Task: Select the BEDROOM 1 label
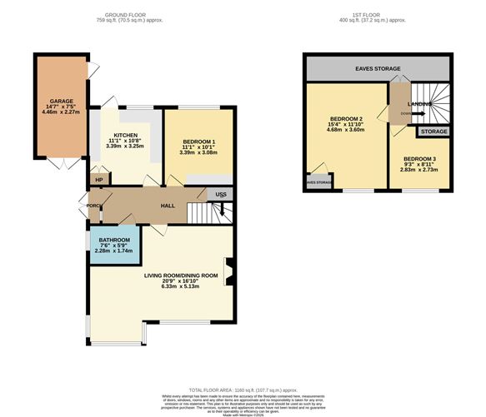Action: [x=198, y=142]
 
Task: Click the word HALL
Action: [x=166, y=204]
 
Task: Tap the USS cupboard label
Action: [x=221, y=195]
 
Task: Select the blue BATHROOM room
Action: [x=114, y=246]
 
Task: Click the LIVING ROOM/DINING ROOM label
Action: [x=181, y=275]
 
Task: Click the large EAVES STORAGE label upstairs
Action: [x=378, y=69]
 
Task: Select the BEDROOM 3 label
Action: [x=419, y=159]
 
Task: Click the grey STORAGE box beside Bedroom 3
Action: [x=433, y=132]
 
